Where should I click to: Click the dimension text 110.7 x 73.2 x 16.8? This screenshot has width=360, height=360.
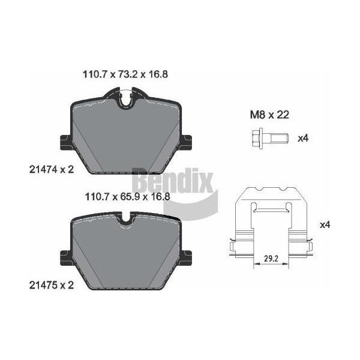pyautogui.click(x=125, y=74)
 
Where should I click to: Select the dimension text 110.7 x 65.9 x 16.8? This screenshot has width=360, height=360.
pyautogui.click(x=127, y=197)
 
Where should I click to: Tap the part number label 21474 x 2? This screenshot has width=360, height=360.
pyautogui.click(x=52, y=170)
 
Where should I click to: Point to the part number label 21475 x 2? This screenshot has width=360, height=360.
pyautogui.click(x=52, y=286)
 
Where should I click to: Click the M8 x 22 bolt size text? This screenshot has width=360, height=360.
pyautogui.click(x=269, y=115)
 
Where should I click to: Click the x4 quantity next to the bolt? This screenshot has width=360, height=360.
pyautogui.click(x=303, y=139)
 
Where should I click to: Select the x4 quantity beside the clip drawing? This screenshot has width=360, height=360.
pyautogui.click(x=325, y=225)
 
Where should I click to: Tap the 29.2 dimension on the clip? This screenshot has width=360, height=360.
pyautogui.click(x=271, y=259)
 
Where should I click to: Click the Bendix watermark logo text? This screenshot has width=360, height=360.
pyautogui.click(x=173, y=181)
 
